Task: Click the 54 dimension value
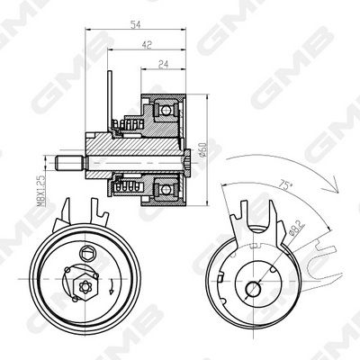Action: [136, 25]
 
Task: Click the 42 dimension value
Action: [147, 45]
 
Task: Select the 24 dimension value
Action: [163, 65]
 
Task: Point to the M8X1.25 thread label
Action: [41, 192]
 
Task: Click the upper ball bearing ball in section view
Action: [166, 111]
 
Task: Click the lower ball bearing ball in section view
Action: [166, 189]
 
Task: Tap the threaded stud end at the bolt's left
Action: [69, 162]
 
